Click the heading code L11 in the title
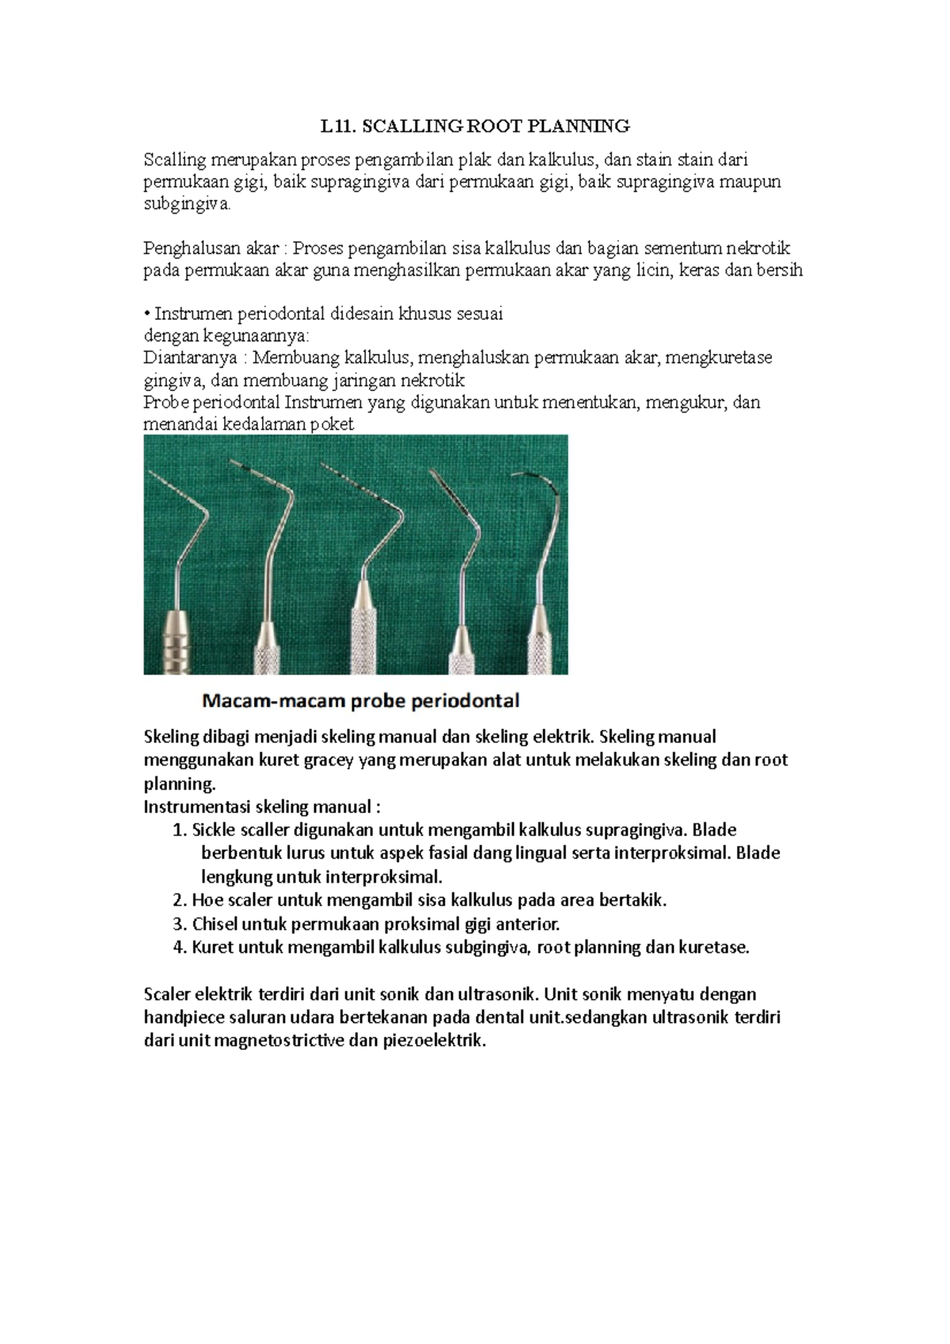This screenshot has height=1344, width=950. (x=334, y=126)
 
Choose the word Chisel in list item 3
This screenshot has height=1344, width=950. (x=215, y=924)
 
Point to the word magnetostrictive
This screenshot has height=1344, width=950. (x=275, y=1041)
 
